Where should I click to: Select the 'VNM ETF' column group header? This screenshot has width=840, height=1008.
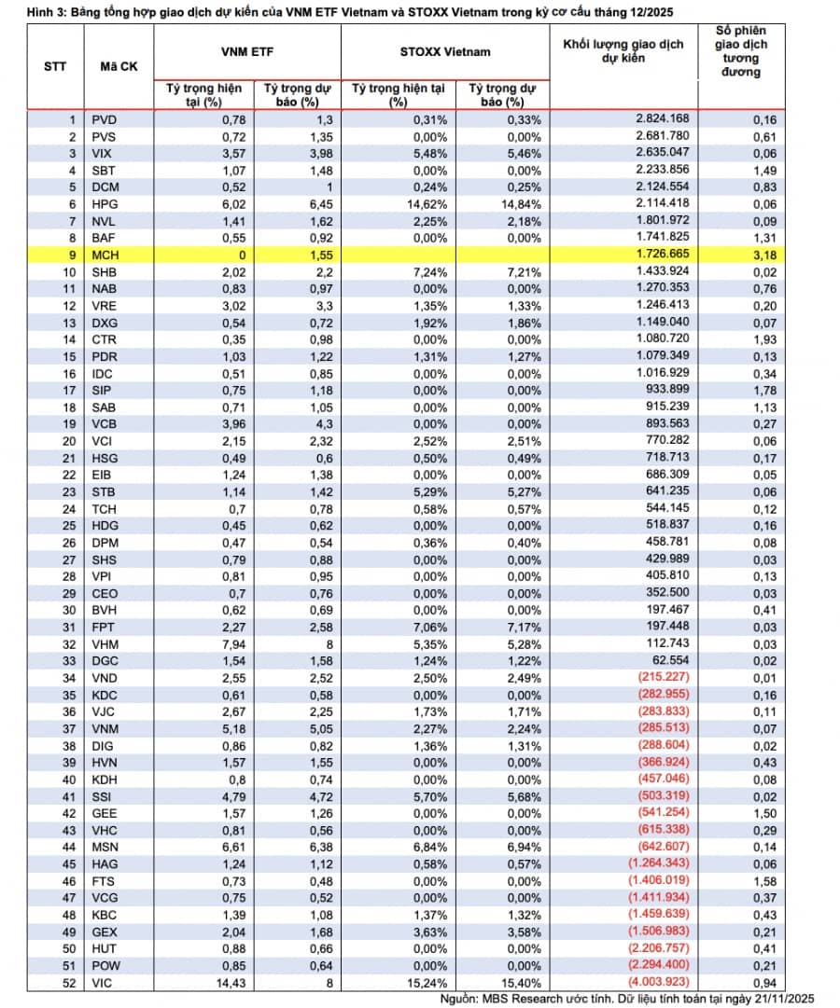[x=246, y=51]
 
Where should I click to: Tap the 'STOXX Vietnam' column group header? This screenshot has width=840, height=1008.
[x=446, y=51]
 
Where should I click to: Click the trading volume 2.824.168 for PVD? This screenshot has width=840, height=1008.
[x=662, y=118]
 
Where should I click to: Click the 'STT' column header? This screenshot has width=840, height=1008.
[x=55, y=67]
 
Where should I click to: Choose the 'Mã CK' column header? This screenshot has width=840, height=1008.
[x=119, y=67]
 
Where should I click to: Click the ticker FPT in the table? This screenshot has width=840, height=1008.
[x=103, y=628]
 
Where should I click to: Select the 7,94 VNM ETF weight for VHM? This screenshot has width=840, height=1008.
[x=230, y=644]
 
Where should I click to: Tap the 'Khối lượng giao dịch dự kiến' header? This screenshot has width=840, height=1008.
[x=623, y=51]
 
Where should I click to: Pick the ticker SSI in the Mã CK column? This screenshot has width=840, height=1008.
[x=102, y=795]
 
